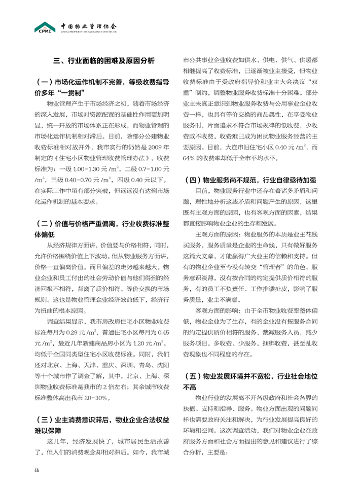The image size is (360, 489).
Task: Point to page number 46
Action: (x=37, y=468)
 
